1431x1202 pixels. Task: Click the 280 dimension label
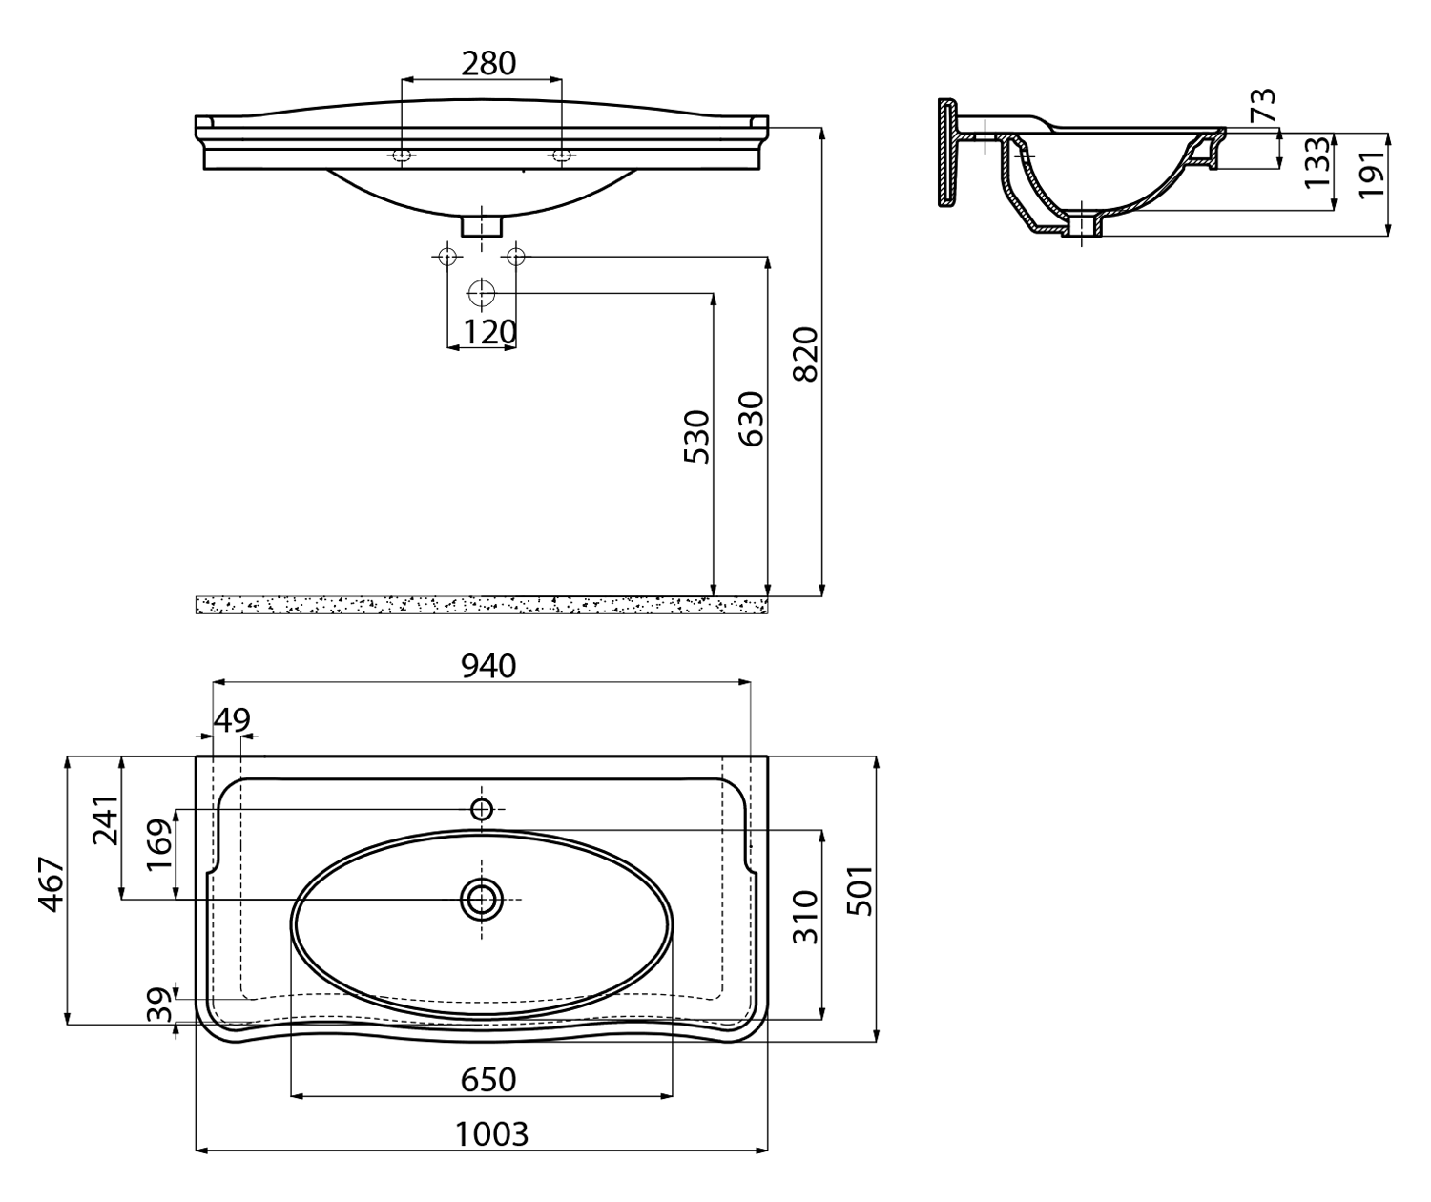point(487,64)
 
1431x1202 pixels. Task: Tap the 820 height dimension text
point(805,354)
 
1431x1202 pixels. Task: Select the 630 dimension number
point(751,419)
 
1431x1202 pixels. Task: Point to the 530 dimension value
point(697,437)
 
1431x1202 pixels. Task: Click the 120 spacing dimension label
point(490,332)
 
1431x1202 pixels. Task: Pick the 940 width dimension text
point(487,666)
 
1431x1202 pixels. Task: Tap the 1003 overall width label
point(492,1133)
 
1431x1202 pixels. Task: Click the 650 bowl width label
point(487,1080)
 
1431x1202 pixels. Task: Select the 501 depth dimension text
point(861,890)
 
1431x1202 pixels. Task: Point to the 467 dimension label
point(52,884)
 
